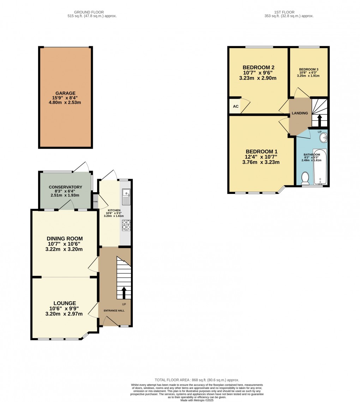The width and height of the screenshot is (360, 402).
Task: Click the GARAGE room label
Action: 65,93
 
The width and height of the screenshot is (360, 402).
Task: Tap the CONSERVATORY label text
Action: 65,187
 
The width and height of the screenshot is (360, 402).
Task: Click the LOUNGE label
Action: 65,303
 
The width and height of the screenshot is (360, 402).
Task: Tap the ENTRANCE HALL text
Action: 114,311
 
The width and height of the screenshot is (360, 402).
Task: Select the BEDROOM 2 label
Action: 258,67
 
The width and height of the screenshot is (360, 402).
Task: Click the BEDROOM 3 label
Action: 308,69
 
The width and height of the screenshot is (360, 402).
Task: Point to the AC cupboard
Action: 234,106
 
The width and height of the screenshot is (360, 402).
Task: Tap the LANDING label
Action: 300,113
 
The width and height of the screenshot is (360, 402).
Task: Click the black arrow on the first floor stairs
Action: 320,120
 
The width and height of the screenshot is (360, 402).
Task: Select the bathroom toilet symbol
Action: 305,178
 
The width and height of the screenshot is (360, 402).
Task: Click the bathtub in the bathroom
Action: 320,167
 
